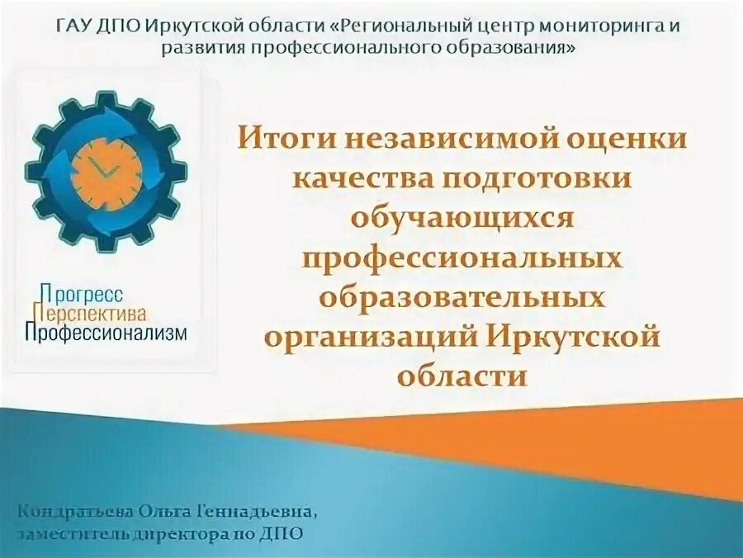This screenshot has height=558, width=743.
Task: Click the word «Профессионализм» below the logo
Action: point(106,332)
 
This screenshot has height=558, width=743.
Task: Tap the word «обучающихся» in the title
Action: point(461,218)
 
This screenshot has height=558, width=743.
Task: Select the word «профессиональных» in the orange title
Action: point(461,258)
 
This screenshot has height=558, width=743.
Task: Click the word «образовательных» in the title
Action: point(461,297)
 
